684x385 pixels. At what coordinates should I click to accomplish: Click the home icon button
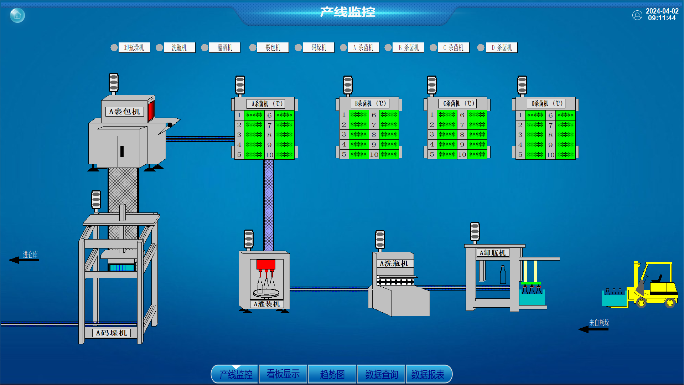tap(17, 15)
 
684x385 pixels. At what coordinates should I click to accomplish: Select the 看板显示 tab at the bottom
tap(283, 374)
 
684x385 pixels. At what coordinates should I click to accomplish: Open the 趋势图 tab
tap(332, 374)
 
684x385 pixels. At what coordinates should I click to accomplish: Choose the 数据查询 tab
tap(381, 374)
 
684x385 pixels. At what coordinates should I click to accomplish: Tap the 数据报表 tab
tap(428, 374)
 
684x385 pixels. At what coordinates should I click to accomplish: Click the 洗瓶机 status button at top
tap(179, 47)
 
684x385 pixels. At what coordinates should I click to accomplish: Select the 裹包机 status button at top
tap(273, 47)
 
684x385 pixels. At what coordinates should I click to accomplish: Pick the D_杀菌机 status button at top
tap(502, 47)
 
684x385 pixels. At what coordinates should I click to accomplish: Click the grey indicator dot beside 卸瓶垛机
tap(114, 47)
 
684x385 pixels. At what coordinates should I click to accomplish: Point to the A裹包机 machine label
tap(125, 112)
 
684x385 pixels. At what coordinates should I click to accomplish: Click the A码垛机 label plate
tap(111, 333)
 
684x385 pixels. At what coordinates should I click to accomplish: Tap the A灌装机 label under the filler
tap(267, 304)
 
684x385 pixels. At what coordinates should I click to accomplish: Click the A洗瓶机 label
tap(394, 263)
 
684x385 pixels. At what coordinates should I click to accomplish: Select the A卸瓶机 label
tap(493, 253)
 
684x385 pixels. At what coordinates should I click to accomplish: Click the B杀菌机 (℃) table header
tap(370, 103)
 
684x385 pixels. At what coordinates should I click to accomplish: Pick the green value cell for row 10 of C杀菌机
tap(477, 154)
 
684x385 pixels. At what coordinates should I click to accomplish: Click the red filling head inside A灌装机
tap(266, 265)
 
